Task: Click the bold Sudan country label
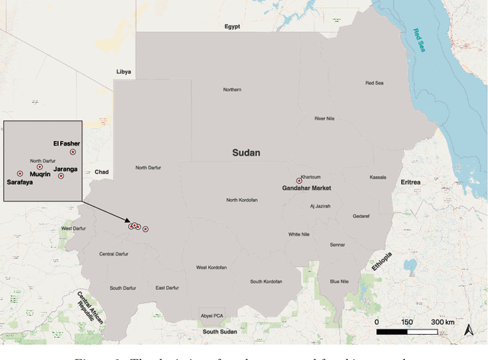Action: [x=246, y=153]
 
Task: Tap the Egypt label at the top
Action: [x=232, y=27]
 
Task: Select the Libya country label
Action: [x=124, y=72]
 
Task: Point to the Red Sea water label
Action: [x=420, y=40]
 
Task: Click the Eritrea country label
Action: [x=410, y=182]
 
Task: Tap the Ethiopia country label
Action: [x=382, y=262]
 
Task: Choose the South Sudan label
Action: [x=220, y=332]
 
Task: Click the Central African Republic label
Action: [x=90, y=307]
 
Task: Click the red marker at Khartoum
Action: [x=299, y=182]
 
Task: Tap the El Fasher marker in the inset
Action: [x=72, y=152]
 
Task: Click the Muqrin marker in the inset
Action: [x=40, y=167]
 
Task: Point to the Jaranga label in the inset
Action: [x=66, y=169]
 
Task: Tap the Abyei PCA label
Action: [x=211, y=316]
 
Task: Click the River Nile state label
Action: [x=326, y=118]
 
